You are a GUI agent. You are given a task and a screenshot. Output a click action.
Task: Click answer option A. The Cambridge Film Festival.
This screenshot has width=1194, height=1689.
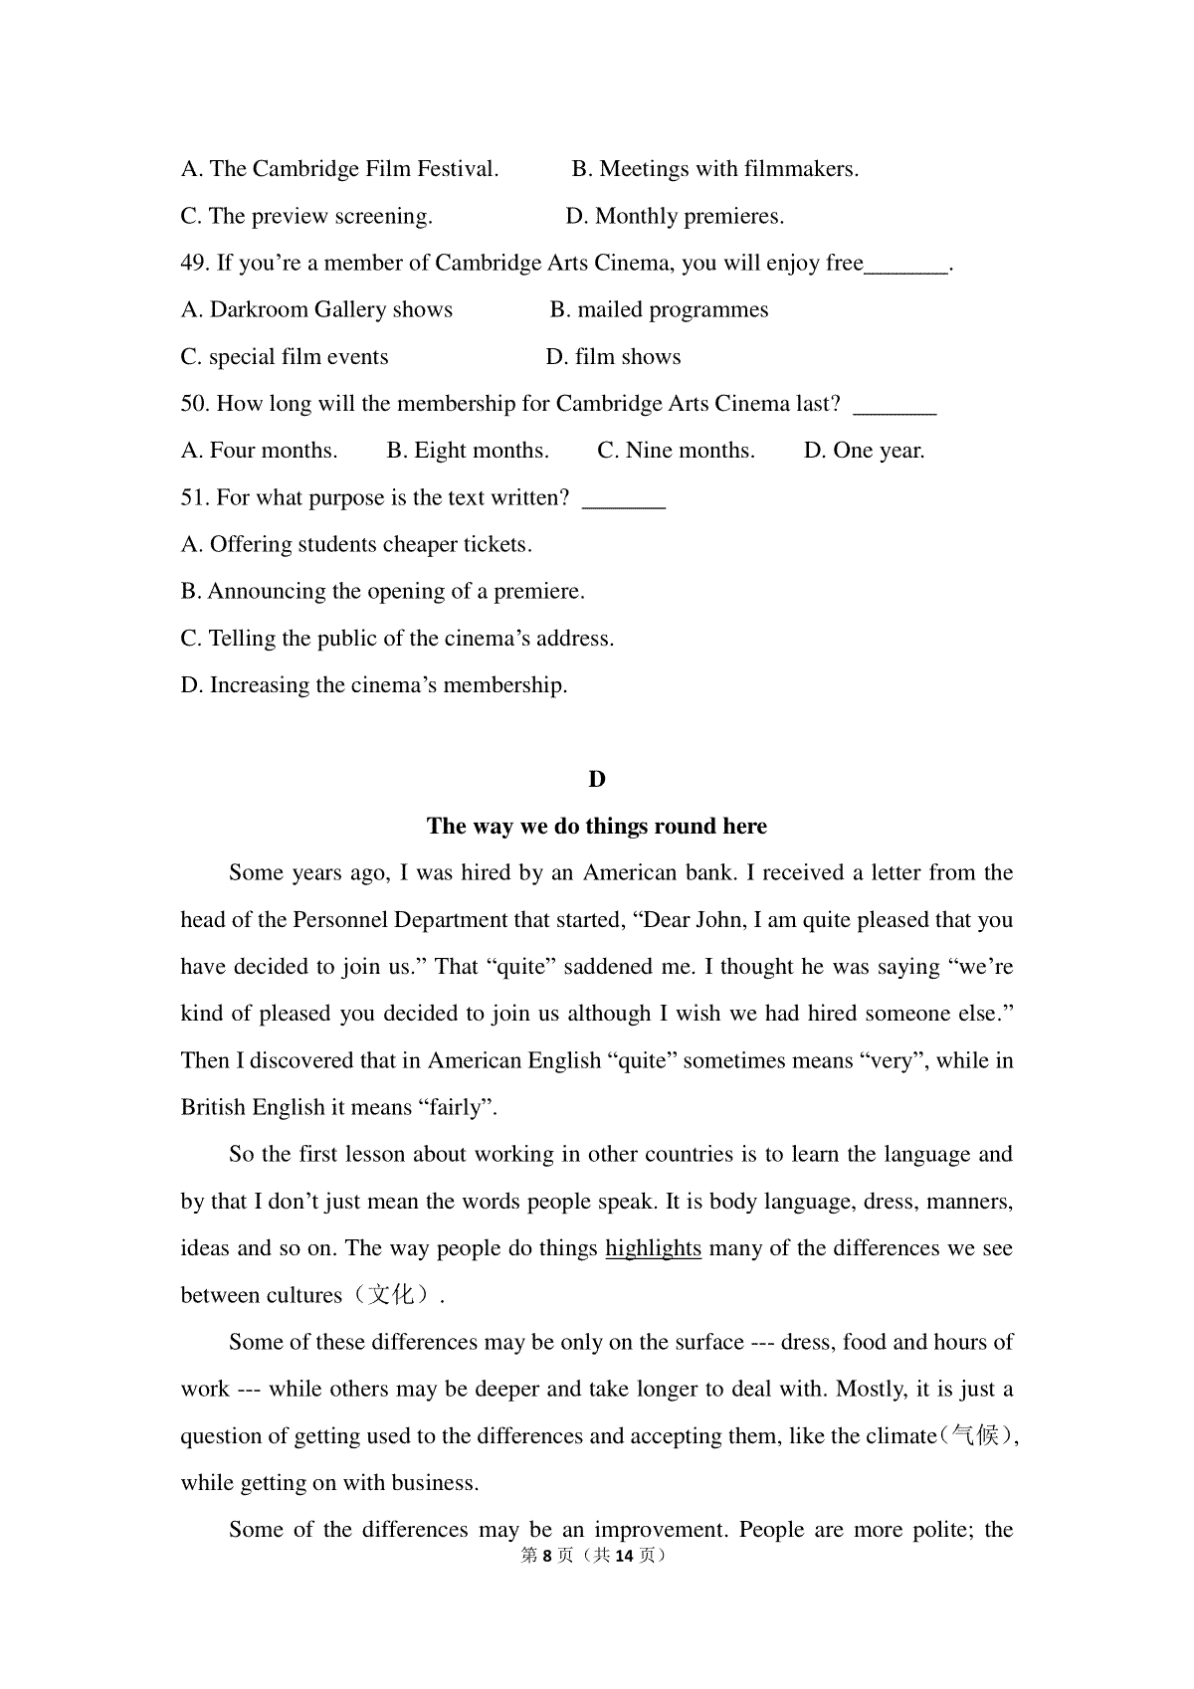[339, 169]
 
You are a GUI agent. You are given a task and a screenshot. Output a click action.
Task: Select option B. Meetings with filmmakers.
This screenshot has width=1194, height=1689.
[714, 169]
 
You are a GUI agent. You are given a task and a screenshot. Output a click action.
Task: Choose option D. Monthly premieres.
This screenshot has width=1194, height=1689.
[675, 216]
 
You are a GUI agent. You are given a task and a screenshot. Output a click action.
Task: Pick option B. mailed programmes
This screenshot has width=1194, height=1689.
[659, 309]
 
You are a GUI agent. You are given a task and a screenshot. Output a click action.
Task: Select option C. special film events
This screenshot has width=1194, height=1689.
[285, 356]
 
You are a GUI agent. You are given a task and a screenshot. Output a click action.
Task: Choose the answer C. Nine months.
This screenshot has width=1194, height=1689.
[676, 451]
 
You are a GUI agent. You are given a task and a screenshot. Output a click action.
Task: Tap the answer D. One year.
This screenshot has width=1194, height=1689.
[864, 451]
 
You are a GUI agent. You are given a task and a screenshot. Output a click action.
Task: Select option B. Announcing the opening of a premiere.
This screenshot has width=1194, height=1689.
[382, 591]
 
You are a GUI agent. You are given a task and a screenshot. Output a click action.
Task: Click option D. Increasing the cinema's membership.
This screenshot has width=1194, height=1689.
[374, 684]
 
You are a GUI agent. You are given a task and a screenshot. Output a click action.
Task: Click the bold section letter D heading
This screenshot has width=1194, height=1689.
[597, 779]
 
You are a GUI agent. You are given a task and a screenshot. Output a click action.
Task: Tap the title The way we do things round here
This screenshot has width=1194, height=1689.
[597, 826]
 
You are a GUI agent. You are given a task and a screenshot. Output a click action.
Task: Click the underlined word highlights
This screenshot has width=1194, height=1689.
[653, 1248]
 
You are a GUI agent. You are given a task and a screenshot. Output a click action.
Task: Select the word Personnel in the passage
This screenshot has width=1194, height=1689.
[340, 920]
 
